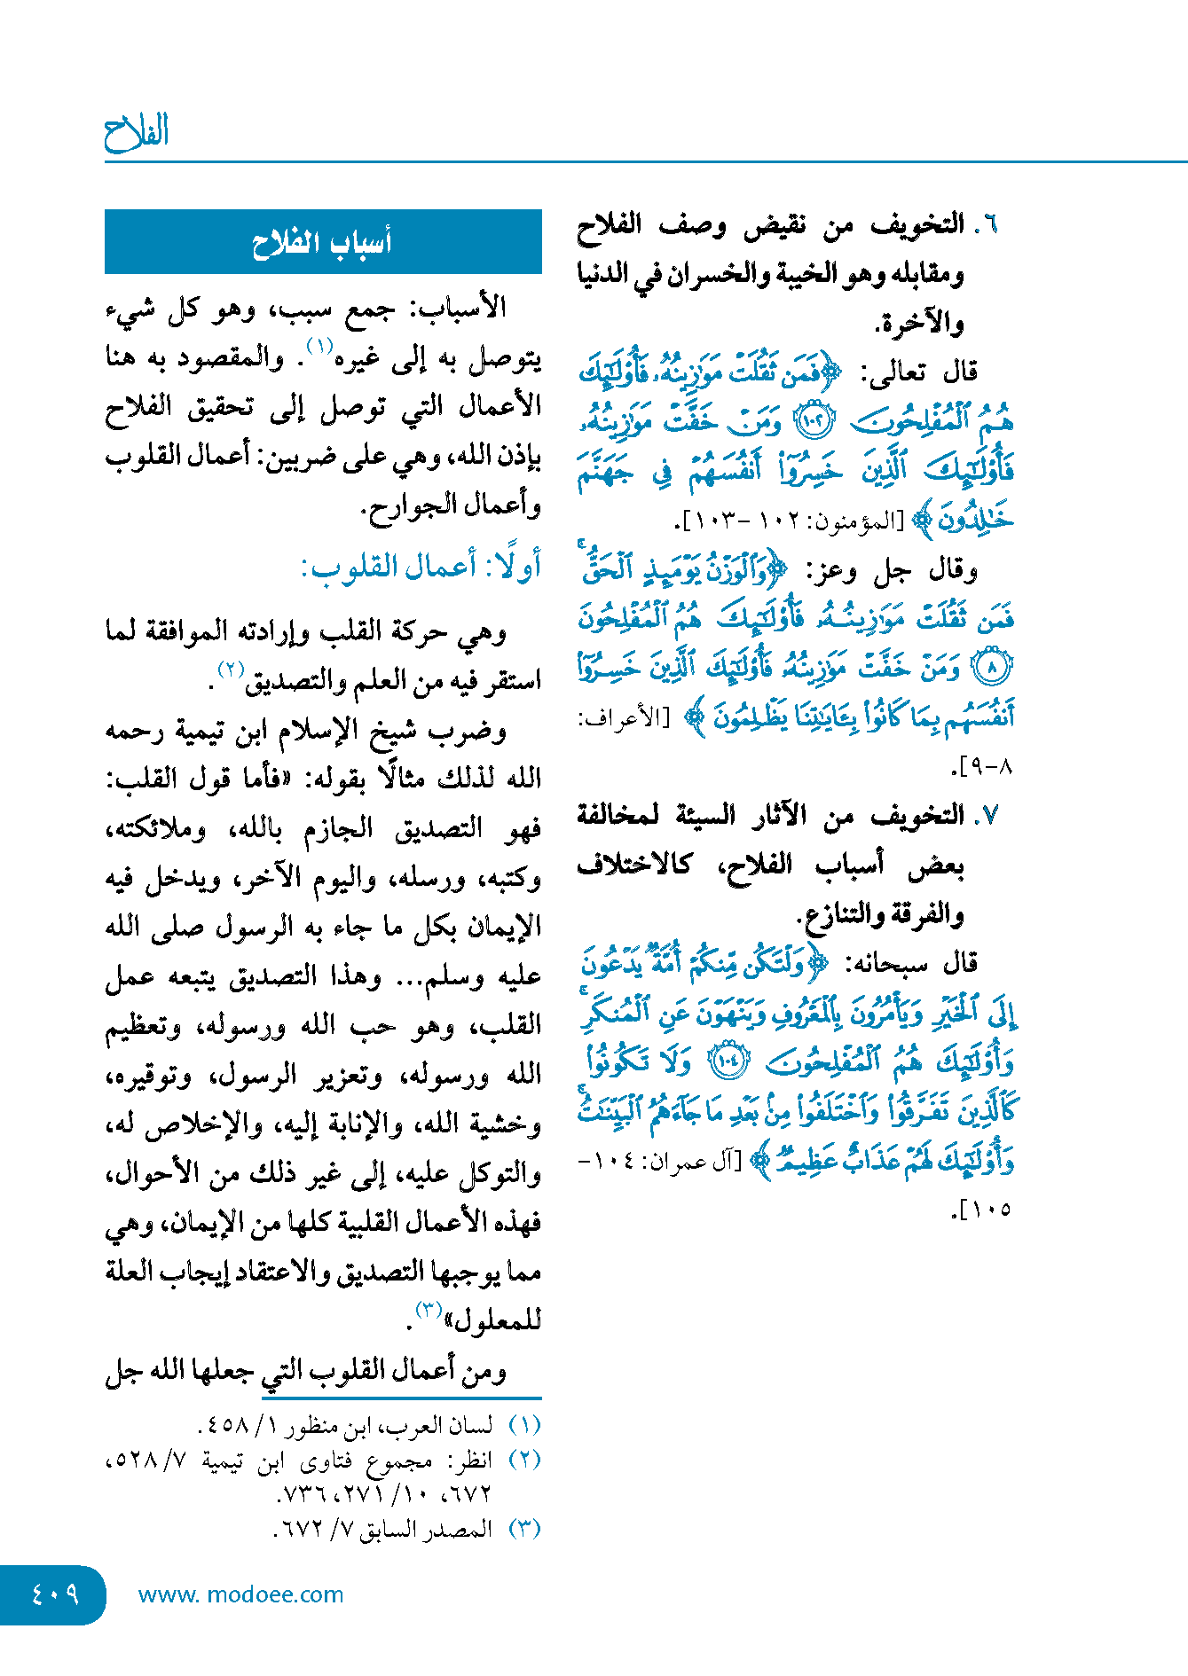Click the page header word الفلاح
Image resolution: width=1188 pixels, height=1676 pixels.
click(136, 133)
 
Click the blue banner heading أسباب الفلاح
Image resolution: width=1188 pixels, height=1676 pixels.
click(322, 242)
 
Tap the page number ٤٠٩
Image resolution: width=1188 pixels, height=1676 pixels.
click(54, 1594)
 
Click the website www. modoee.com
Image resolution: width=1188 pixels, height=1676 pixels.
click(240, 1594)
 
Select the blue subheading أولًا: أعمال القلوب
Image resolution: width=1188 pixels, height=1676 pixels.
click(421, 566)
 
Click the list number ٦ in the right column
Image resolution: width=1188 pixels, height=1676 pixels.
click(987, 224)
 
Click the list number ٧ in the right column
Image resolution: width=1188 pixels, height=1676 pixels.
click(987, 815)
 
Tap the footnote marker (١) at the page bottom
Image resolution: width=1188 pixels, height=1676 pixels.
click(524, 1425)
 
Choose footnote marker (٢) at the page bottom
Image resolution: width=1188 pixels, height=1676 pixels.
click(524, 1460)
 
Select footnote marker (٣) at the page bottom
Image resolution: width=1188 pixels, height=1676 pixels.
click(524, 1529)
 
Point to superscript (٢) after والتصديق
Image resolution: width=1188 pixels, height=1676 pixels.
click(232, 668)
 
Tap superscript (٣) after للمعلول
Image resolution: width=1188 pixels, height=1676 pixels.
click(429, 1309)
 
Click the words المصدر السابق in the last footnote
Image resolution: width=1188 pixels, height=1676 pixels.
click(425, 1529)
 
